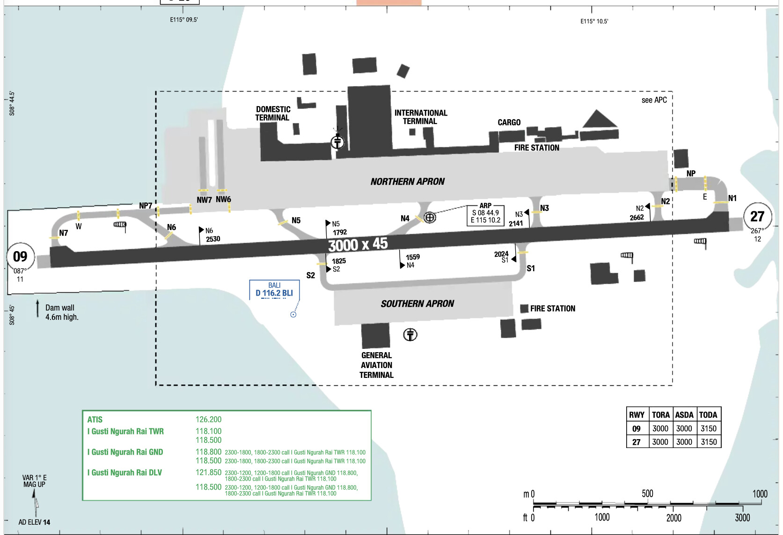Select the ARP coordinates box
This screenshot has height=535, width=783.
[x=485, y=215]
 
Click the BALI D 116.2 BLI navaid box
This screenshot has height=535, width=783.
[x=274, y=290]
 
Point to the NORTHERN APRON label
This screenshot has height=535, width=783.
[x=408, y=181]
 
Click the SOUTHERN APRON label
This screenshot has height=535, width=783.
[x=417, y=304]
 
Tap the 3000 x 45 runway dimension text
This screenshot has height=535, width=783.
[x=358, y=244]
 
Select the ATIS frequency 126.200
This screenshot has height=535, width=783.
[x=208, y=419]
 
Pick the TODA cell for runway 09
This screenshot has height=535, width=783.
[x=709, y=428]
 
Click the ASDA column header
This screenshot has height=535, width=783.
[x=684, y=415]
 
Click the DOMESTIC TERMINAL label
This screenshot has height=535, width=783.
[x=273, y=114]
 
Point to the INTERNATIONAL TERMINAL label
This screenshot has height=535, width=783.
[x=420, y=117]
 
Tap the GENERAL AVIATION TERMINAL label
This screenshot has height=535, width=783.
[x=376, y=365]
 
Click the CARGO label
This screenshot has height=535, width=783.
[x=509, y=123]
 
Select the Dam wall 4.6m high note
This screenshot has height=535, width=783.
[x=62, y=312]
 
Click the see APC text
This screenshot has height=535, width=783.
[x=654, y=100]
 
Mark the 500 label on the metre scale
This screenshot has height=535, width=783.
[x=647, y=493]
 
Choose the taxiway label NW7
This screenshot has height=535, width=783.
[x=204, y=200]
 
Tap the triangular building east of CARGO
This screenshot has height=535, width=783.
[x=599, y=119]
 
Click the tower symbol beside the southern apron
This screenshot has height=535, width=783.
[x=410, y=334]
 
